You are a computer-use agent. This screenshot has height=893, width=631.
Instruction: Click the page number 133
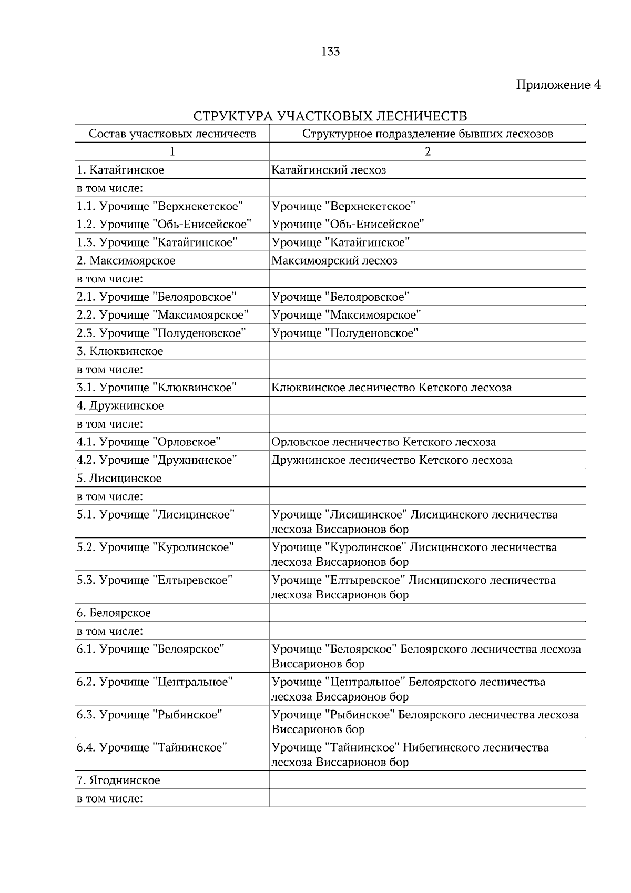[330, 52]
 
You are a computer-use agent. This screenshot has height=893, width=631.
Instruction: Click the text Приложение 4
[558, 85]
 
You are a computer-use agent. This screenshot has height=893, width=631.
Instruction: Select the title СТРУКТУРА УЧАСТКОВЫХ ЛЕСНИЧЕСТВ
[330, 116]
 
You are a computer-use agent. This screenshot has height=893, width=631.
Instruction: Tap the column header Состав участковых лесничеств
[172, 134]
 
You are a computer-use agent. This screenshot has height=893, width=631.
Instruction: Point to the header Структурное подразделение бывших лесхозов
[427, 134]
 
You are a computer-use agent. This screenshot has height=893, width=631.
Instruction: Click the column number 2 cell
[427, 151]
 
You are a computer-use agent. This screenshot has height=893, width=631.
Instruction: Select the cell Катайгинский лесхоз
[329, 170]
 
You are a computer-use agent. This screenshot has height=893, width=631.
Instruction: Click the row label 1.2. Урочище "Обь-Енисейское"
[164, 225]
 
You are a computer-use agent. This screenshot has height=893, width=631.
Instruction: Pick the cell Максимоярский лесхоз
[334, 261]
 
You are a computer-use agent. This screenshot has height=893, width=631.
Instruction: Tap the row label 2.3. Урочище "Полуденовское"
[161, 333]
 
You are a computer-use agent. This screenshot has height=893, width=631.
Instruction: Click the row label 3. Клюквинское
[120, 351]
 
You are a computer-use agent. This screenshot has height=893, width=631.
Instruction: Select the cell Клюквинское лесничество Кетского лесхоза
[391, 388]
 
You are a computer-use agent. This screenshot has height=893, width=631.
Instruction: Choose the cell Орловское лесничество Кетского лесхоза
[383, 442]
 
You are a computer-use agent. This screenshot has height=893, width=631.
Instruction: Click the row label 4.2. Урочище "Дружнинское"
[157, 461]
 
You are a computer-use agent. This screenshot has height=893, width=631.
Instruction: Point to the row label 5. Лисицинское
[119, 479]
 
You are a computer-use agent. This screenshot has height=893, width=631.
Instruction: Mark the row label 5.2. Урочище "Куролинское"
[155, 547]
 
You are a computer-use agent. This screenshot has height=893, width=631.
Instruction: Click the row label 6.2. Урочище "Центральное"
[155, 682]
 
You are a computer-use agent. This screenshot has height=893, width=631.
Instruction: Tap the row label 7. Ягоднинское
[118, 780]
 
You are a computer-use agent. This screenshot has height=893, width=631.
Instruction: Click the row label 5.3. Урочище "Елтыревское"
[155, 581]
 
